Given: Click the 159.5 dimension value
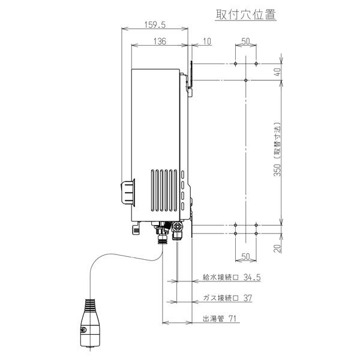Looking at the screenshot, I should coord(155,25).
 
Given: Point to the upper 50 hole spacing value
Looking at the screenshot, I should coord(246,41).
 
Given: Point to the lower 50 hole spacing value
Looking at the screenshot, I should coord(246,256).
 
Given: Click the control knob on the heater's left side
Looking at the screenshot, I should coord(128,192).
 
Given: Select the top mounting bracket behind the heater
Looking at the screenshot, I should coord(190,78).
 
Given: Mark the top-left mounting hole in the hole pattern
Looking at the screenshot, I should coord(236,64).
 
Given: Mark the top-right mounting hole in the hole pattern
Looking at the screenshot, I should coord(256,64).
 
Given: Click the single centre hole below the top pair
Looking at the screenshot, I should coord(246,80).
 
